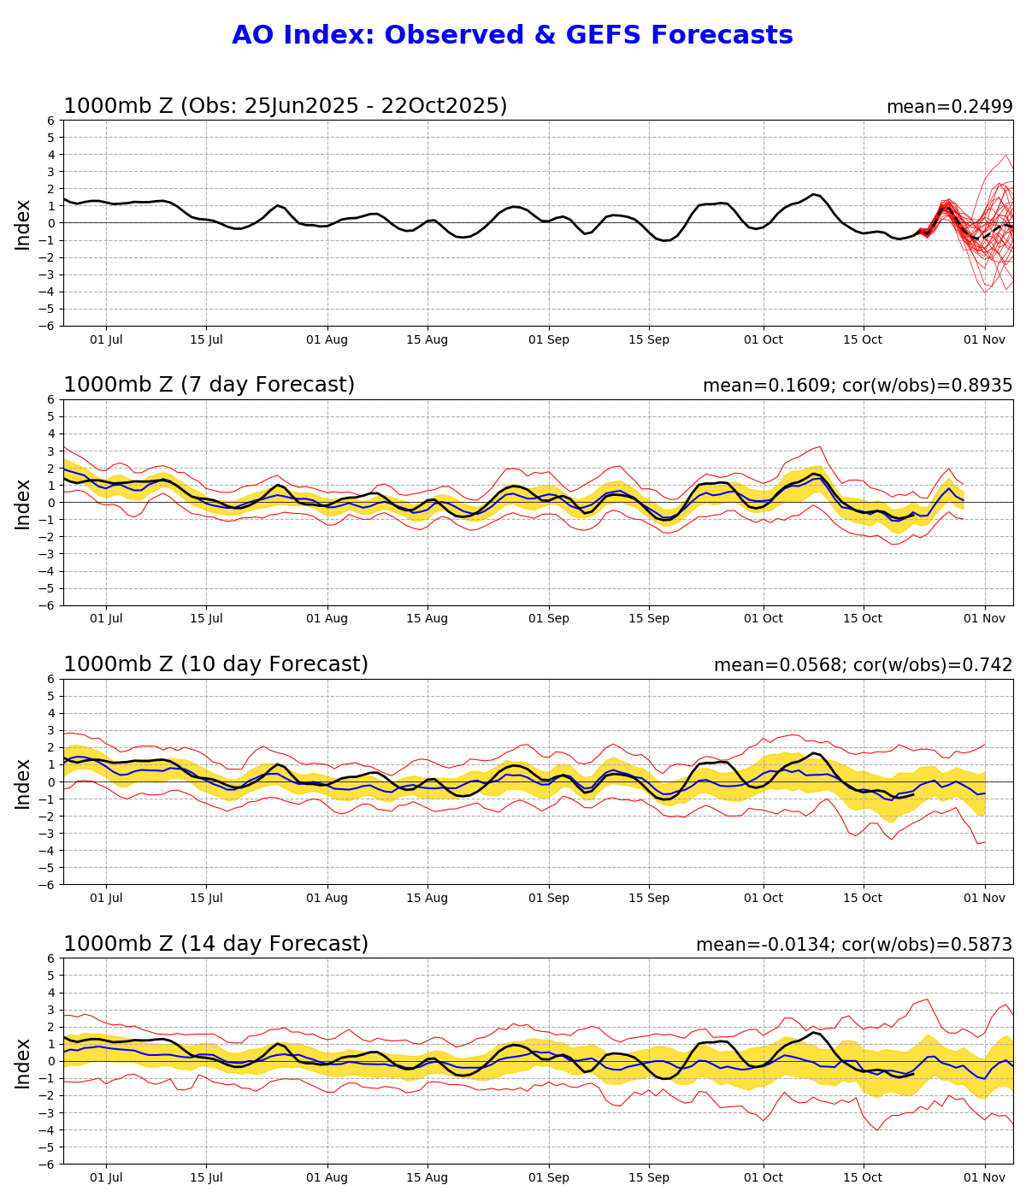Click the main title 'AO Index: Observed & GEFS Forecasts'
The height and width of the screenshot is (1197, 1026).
(512, 35)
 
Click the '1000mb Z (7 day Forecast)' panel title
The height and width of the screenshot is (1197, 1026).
(209, 385)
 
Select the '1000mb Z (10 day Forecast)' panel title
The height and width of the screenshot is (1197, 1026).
(215, 664)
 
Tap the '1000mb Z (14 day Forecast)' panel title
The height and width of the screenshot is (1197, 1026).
(215, 944)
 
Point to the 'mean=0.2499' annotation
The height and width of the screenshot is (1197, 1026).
(949, 107)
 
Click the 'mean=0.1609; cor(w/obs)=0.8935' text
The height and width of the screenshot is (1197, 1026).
(858, 386)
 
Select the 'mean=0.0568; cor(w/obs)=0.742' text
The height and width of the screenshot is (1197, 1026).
(863, 665)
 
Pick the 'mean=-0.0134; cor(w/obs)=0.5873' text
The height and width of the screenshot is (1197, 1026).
(854, 945)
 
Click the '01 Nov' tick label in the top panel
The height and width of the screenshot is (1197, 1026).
(984, 339)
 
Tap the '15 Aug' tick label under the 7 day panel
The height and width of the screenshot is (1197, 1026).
(427, 619)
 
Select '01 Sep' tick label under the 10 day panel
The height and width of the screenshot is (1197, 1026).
(548, 899)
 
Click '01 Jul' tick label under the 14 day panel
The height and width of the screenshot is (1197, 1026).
(106, 1177)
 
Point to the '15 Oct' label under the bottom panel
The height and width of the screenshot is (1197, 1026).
(863, 1177)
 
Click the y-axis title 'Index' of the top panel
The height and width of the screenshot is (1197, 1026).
(23, 224)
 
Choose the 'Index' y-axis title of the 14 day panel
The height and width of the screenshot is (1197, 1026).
(23, 1062)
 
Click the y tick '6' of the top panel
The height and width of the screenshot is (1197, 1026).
(51, 121)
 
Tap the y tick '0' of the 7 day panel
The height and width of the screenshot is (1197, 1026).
(51, 503)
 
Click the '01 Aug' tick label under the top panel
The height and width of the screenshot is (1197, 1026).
(327, 339)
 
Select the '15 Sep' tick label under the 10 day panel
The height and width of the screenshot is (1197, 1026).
(648, 899)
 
